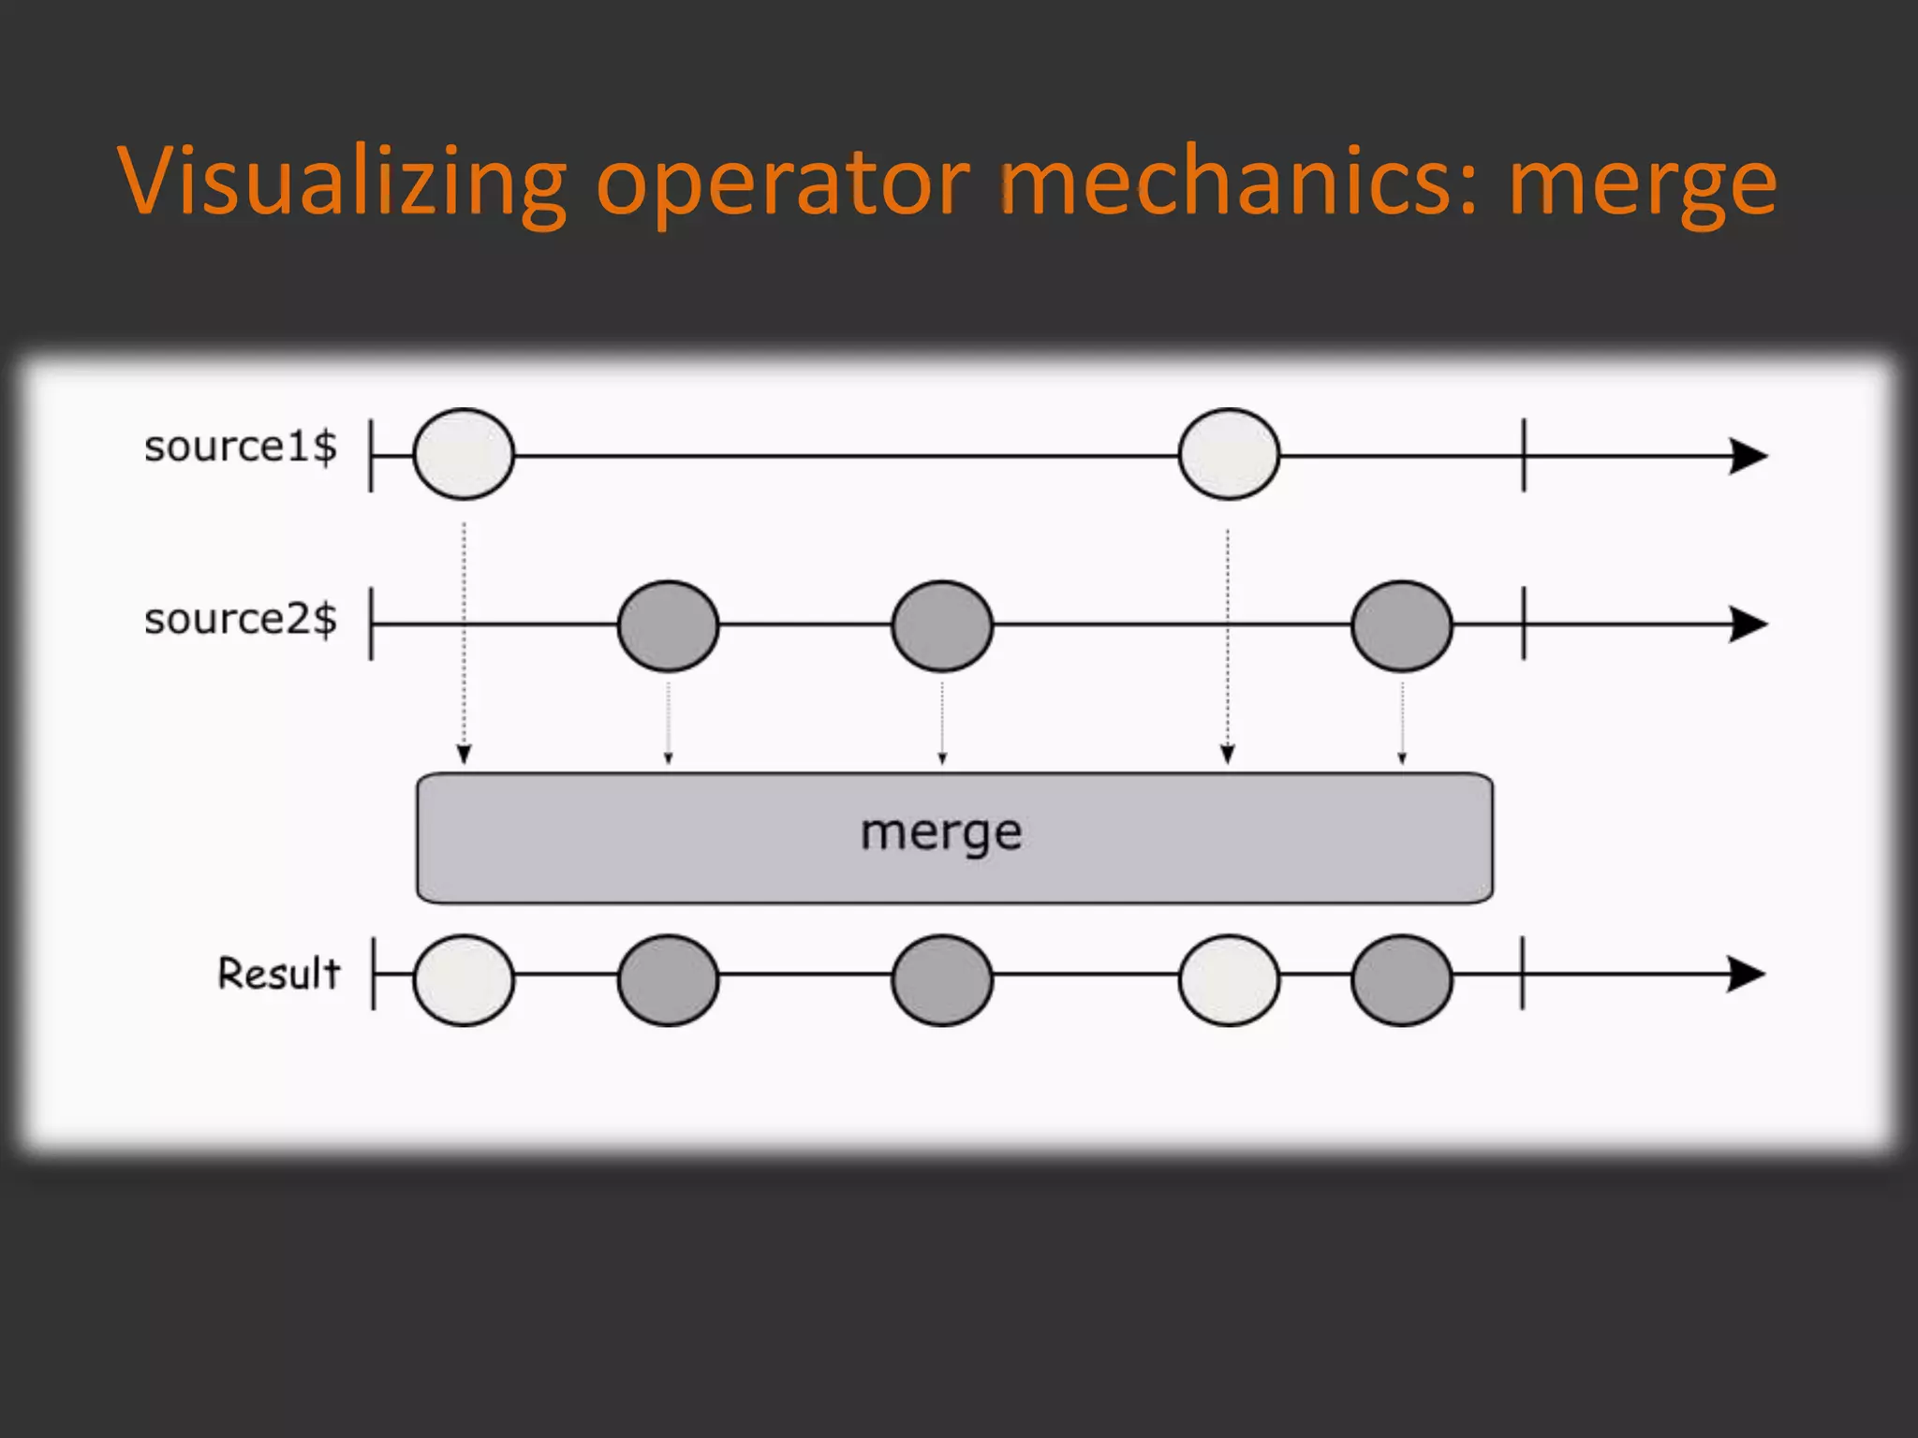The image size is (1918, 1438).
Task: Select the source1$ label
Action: pyautogui.click(x=240, y=447)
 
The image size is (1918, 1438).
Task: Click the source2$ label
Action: pyautogui.click(x=240, y=619)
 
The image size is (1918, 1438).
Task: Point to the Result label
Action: pyautogui.click(x=278, y=974)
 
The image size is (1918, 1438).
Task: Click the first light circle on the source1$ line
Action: pyautogui.click(x=464, y=454)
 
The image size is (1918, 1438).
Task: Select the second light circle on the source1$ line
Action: pyautogui.click(x=1229, y=454)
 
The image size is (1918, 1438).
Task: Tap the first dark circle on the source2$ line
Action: pyautogui.click(x=668, y=625)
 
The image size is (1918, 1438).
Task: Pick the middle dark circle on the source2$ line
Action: pyautogui.click(x=942, y=625)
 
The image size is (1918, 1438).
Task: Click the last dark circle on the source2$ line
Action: pyautogui.click(x=1402, y=625)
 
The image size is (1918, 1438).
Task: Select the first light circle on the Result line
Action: pyautogui.click(x=464, y=979)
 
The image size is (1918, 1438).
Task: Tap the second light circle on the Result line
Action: pyautogui.click(x=1229, y=979)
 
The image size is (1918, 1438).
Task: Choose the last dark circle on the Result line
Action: pyautogui.click(x=1402, y=979)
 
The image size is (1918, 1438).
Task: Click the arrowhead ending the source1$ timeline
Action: pyautogui.click(x=1747, y=456)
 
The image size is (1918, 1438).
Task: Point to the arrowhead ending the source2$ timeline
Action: pyautogui.click(x=1747, y=624)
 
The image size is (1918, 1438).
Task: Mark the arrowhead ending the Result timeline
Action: pyautogui.click(x=1745, y=974)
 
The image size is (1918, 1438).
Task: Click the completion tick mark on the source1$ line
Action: pyautogui.click(x=1524, y=455)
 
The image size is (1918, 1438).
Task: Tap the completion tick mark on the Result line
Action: pyautogui.click(x=1523, y=974)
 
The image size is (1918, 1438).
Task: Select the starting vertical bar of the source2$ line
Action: pyautogui.click(x=372, y=624)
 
